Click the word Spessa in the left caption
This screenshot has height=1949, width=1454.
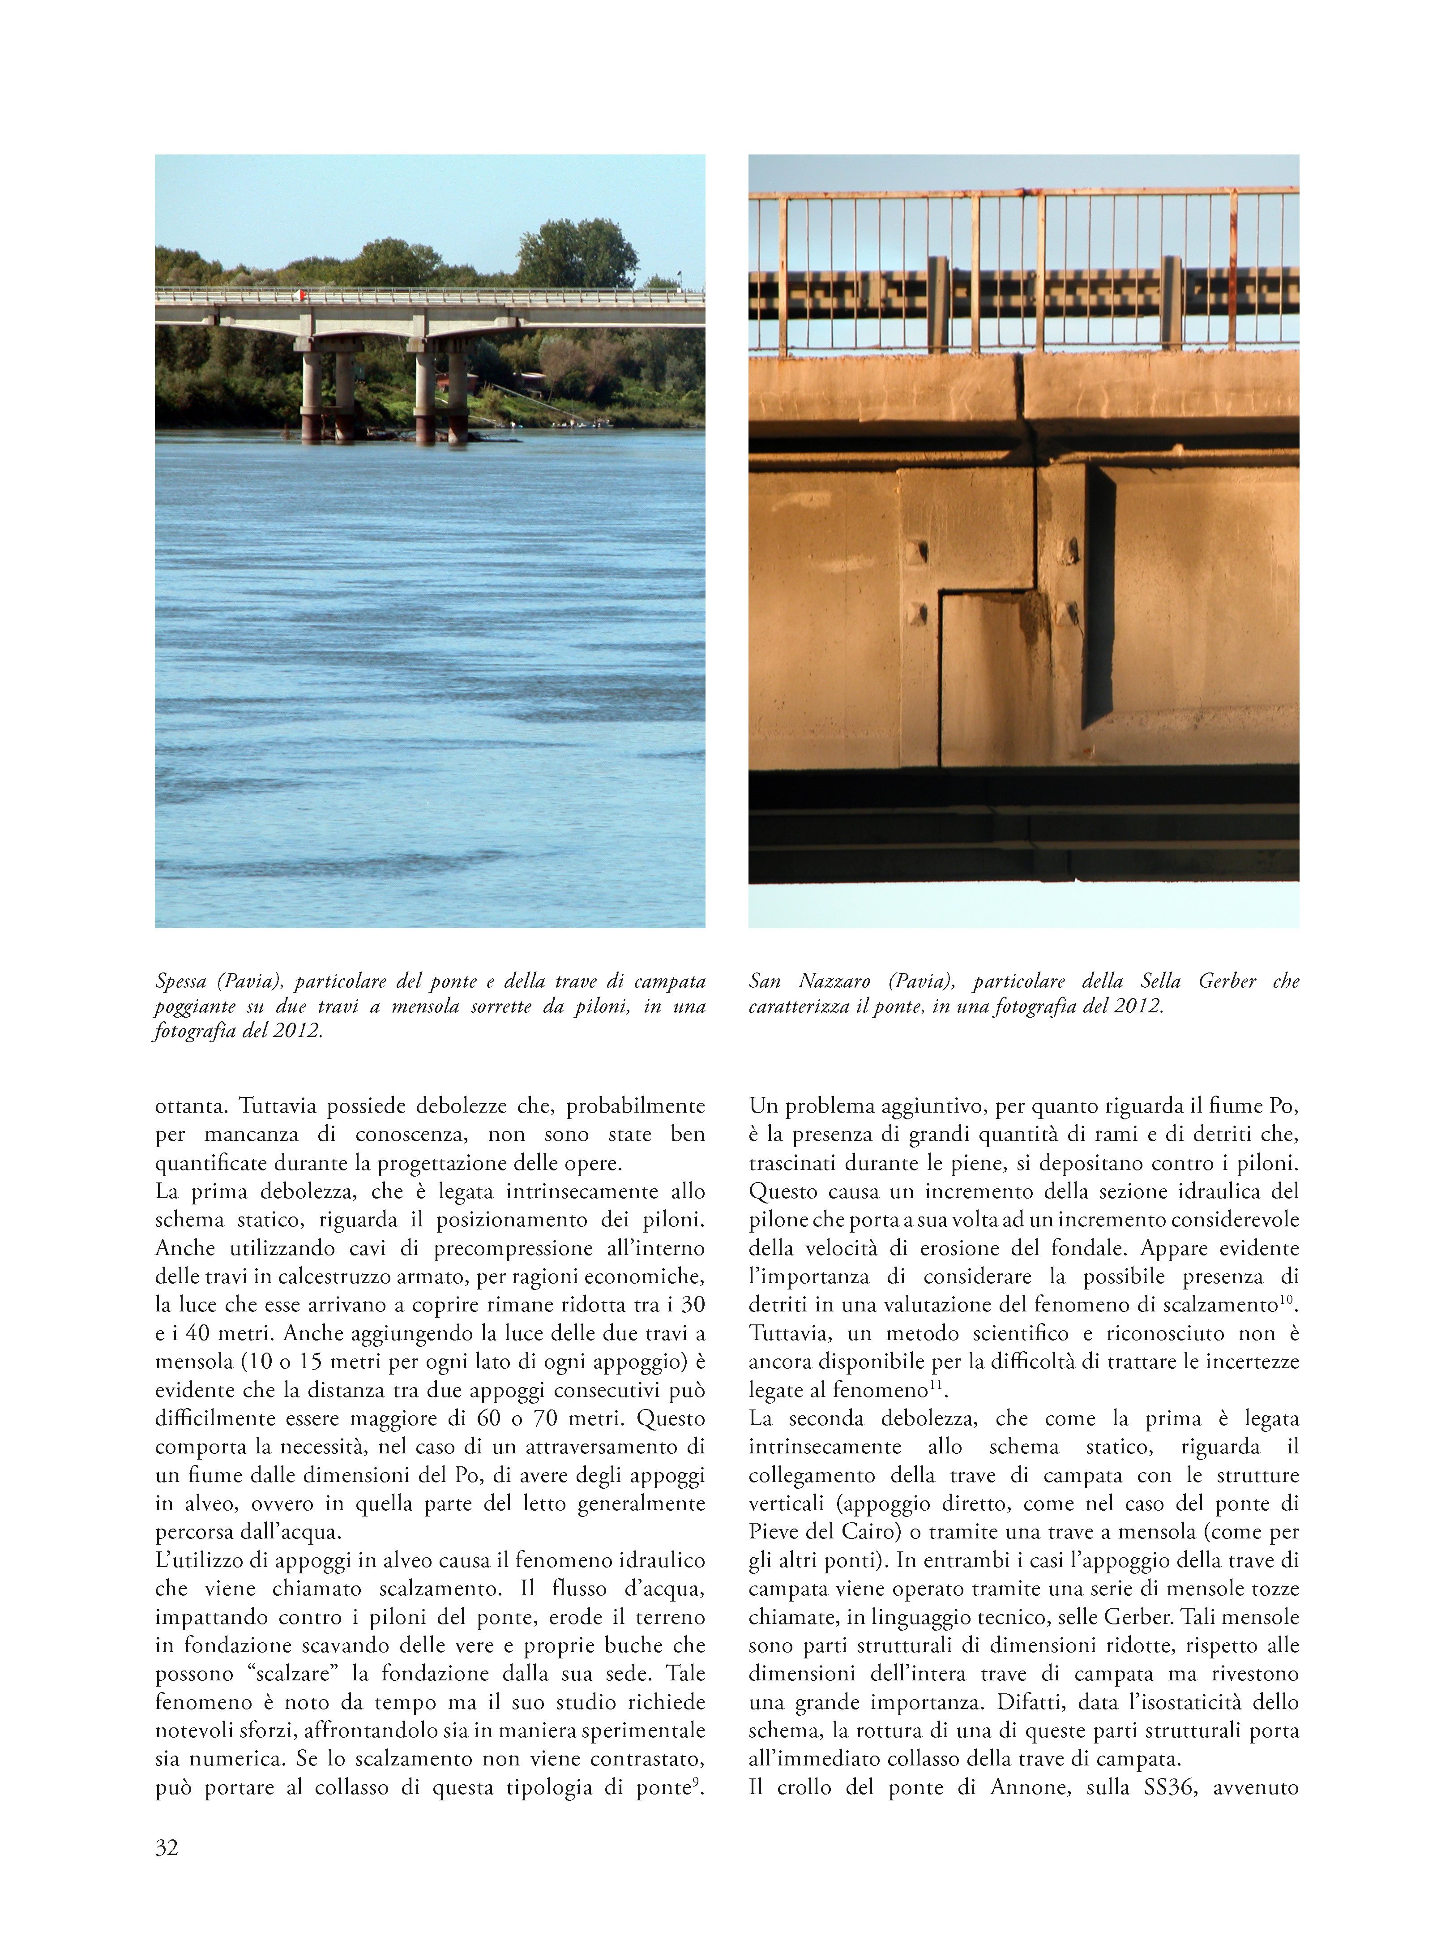point(180,981)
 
